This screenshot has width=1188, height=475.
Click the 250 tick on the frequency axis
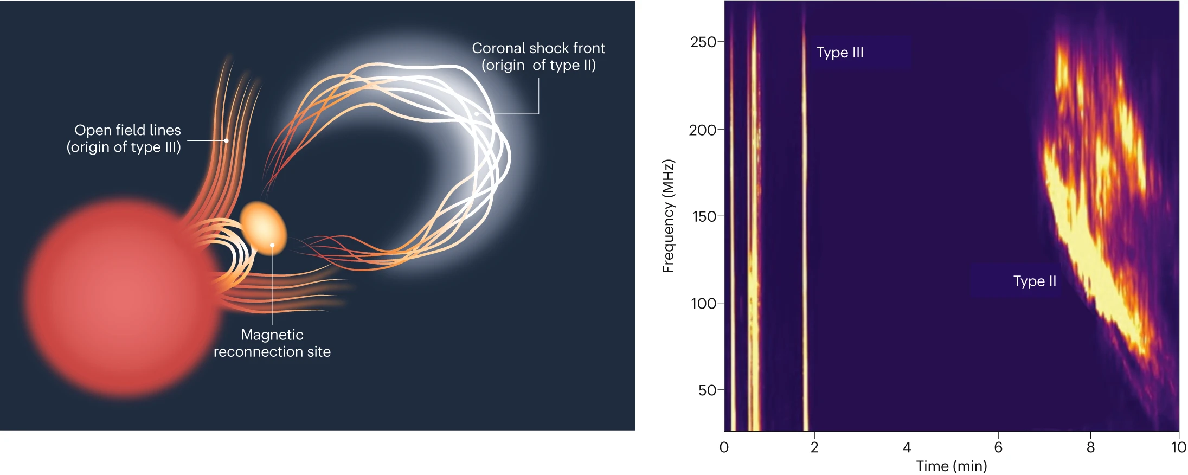pyautogui.click(x=703, y=42)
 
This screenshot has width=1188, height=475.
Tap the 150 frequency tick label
pyautogui.click(x=704, y=216)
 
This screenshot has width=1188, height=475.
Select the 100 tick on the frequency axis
pyautogui.click(x=704, y=303)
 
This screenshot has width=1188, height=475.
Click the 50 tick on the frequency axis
pyautogui.click(x=707, y=390)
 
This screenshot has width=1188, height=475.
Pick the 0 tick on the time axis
pyautogui.click(x=724, y=447)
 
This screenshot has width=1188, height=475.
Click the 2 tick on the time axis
pyautogui.click(x=814, y=447)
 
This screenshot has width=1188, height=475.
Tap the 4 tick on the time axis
pyautogui.click(x=907, y=447)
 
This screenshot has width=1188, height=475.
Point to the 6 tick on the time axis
pyautogui.click(x=998, y=447)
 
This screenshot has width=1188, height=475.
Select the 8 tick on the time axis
pyautogui.click(x=1090, y=447)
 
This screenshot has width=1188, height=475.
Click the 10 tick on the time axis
pyautogui.click(x=1178, y=447)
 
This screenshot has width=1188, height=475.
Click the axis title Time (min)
pyautogui.click(x=951, y=466)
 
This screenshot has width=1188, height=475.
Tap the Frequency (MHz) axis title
pyautogui.click(x=668, y=216)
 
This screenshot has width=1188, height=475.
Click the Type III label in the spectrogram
pyautogui.click(x=840, y=53)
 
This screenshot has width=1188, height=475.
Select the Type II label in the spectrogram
pyautogui.click(x=1035, y=281)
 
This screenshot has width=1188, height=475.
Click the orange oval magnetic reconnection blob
pyautogui.click(x=264, y=228)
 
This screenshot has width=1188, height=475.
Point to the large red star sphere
pyautogui.click(x=122, y=298)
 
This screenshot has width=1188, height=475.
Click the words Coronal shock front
pyautogui.click(x=538, y=48)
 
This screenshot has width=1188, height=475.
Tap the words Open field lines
pyautogui.click(x=127, y=130)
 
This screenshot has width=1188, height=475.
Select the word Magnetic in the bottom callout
pyautogui.click(x=272, y=335)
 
